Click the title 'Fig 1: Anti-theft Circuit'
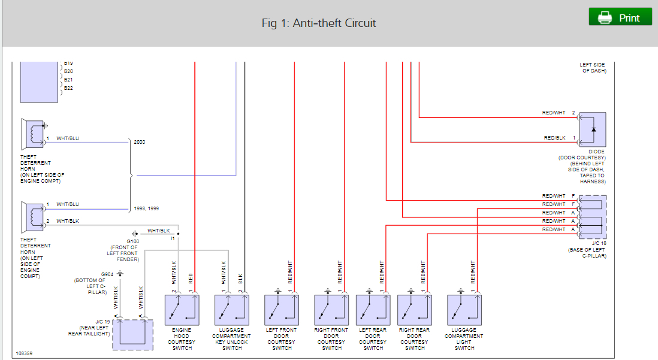tap(319, 23)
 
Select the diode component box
tap(592, 129)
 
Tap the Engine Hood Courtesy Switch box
tap(182, 310)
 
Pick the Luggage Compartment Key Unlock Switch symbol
tap(231, 310)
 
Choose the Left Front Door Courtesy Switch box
tap(282, 310)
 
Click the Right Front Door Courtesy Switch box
tap(331, 310)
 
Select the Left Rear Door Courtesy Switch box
tap(373, 310)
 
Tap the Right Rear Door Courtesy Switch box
tap(415, 310)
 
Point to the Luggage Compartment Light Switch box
tap(464, 310)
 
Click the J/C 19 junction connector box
tap(133, 334)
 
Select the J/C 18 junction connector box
tap(591, 217)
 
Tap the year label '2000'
tap(140, 143)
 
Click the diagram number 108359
tap(25, 354)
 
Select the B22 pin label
tap(68, 88)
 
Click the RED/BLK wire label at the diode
tap(554, 138)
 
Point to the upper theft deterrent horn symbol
tap(33, 135)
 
